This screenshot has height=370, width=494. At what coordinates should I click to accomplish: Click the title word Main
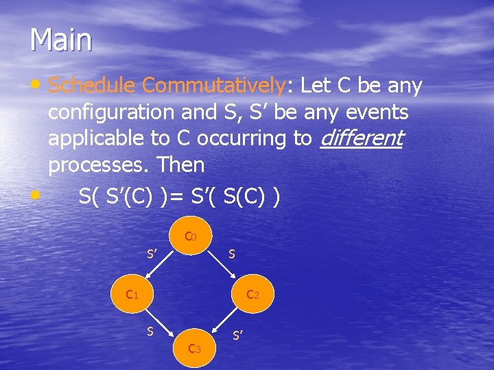click(60, 40)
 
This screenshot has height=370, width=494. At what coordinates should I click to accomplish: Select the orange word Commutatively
click(213, 86)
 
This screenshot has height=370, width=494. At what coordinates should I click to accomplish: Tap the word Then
click(180, 164)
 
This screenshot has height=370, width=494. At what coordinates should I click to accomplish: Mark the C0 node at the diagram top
click(191, 237)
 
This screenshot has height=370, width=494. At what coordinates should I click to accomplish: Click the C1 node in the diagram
click(132, 295)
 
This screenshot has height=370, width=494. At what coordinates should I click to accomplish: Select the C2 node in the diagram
click(252, 295)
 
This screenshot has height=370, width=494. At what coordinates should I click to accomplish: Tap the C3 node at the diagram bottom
click(194, 349)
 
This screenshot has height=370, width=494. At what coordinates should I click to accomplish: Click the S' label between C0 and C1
click(152, 254)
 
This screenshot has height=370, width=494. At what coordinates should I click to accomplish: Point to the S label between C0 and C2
click(232, 254)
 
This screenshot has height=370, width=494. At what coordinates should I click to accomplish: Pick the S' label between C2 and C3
click(238, 336)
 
